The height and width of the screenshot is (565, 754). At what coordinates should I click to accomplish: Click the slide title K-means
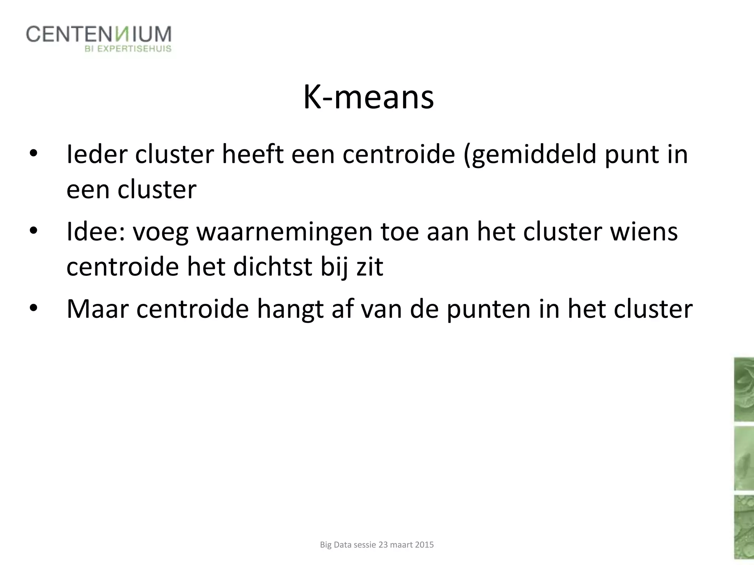tap(369, 98)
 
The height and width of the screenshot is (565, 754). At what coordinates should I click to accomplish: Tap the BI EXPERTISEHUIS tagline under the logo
tap(128, 49)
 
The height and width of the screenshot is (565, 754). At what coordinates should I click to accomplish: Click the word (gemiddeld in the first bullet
tap(529, 155)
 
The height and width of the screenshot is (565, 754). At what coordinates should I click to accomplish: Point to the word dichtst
tap(272, 267)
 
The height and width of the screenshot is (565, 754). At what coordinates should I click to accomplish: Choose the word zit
tap(370, 267)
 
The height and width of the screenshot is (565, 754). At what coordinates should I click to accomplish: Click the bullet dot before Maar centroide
tap(34, 309)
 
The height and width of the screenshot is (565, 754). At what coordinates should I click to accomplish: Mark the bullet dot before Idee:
tap(34, 232)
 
